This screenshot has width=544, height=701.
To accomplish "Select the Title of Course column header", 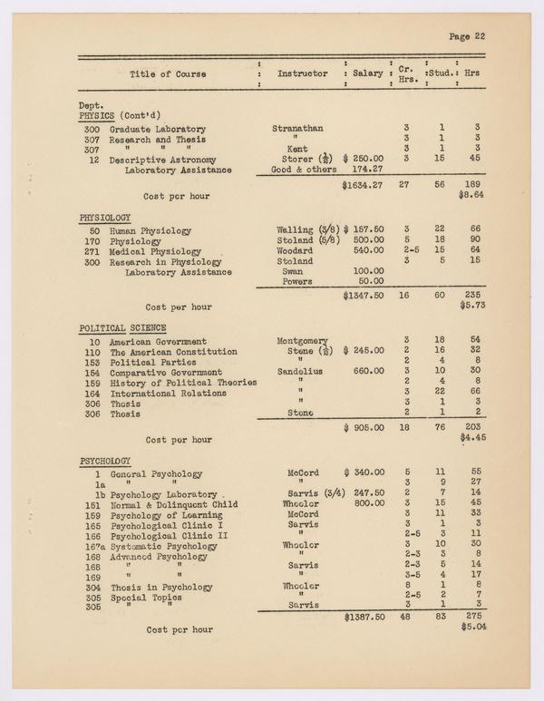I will pos(168,73).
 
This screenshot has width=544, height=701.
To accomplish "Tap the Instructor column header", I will pos(302,73).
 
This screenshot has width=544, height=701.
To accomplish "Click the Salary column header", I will pos(367,73).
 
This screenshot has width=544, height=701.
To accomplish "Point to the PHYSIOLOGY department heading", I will pos(105,218).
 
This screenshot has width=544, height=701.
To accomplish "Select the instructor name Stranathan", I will pos(297,129).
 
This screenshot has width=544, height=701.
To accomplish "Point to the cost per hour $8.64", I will pos(474,195).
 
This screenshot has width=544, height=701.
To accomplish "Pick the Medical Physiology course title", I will pos(155,249).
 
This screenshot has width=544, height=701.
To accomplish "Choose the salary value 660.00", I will pos(367,372).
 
